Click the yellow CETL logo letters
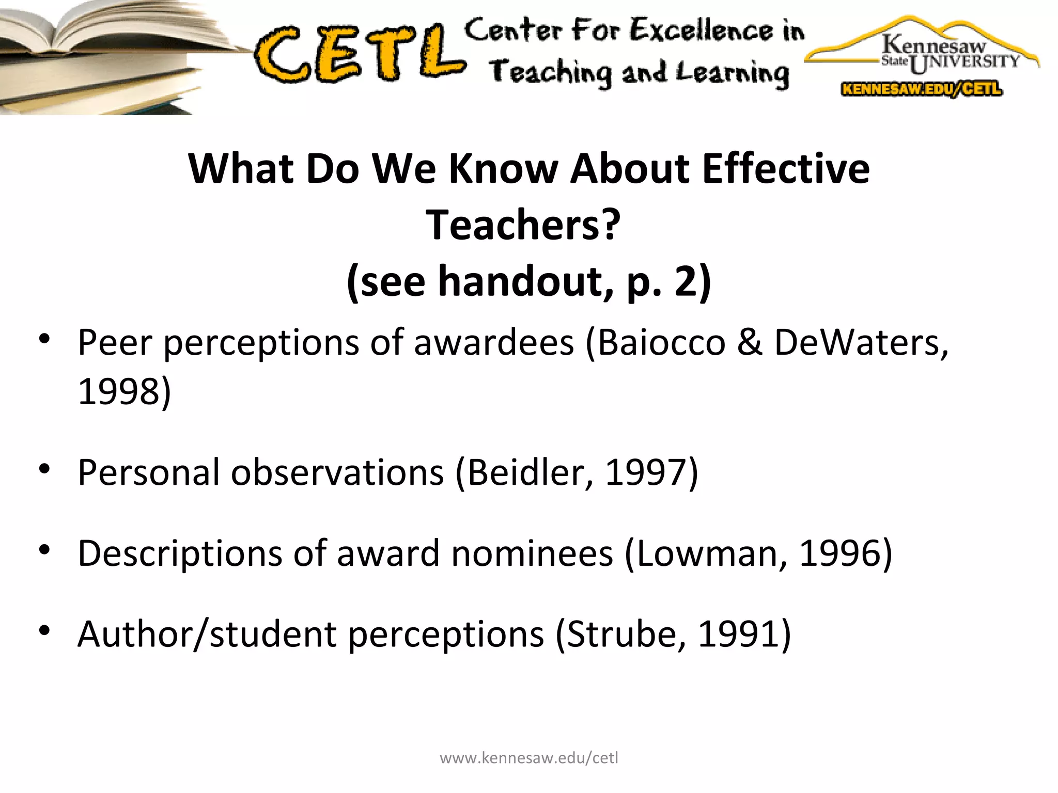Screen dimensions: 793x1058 tap(359, 54)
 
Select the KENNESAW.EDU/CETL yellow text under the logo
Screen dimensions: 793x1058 tap(922, 89)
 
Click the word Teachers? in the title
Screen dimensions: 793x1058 tap(523, 225)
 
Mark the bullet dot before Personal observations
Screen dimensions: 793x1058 tap(44, 469)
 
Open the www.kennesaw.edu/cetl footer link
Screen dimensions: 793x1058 tap(528, 758)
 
